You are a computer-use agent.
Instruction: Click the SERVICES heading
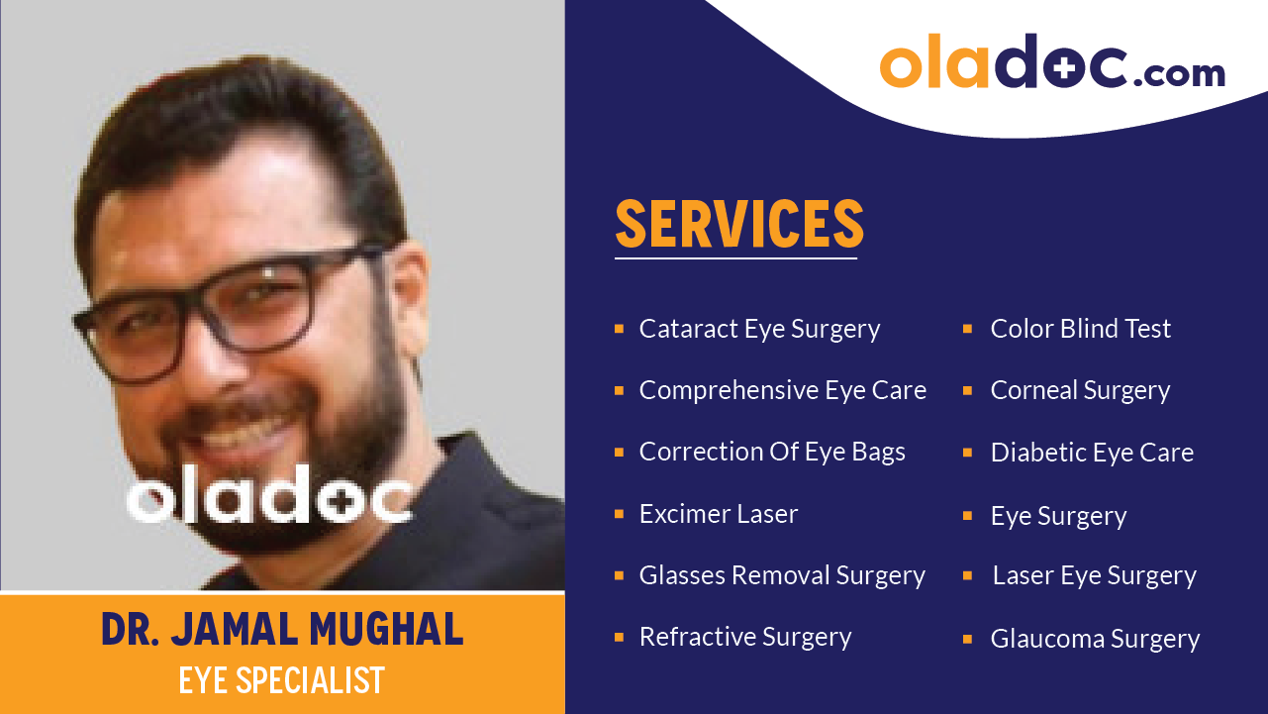click(739, 224)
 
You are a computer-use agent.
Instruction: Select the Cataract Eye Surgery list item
click(759, 329)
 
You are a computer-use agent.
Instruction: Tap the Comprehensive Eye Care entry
click(782, 390)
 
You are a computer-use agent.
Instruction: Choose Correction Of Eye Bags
click(772, 453)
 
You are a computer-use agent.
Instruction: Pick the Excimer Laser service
click(719, 514)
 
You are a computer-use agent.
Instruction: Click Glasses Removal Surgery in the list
click(782, 575)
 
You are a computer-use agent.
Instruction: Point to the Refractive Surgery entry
click(745, 637)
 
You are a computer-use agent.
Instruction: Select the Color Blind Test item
click(1080, 329)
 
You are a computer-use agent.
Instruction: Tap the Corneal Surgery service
click(1080, 390)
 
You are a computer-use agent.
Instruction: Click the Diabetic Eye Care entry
click(1092, 453)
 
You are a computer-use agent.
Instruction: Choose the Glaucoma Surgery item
click(1095, 640)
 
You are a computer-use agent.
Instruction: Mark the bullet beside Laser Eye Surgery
click(968, 575)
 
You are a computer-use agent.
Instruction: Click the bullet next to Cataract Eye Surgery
click(619, 328)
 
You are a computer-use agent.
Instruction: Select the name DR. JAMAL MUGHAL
click(282, 630)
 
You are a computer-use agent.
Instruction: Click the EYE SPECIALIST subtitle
click(282, 680)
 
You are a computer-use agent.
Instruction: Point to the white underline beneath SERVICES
click(735, 258)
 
